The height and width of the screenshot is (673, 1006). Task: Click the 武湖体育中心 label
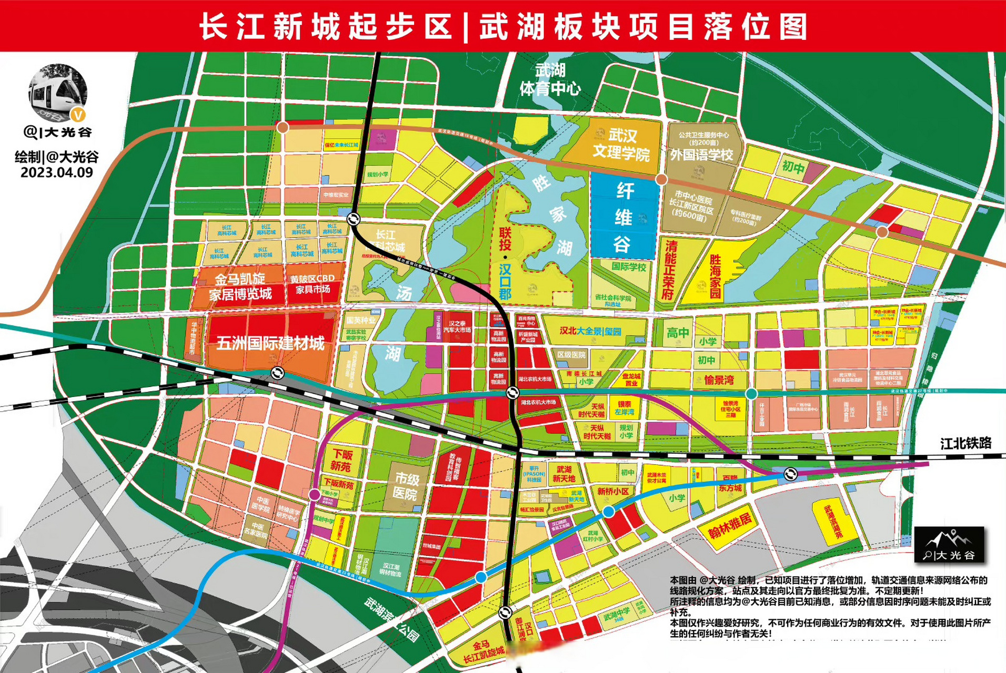(550, 79)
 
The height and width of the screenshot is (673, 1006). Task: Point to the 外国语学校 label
(701, 155)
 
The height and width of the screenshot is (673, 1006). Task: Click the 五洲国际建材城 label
(270, 343)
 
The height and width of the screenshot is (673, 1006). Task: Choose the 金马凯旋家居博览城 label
(240, 287)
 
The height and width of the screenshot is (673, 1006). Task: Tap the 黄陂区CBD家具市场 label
(312, 284)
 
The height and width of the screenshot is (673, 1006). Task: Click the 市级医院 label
(406, 486)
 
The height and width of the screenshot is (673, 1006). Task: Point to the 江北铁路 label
(965, 443)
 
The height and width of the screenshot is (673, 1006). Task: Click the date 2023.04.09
(56, 172)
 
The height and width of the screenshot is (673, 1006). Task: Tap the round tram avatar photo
(57, 93)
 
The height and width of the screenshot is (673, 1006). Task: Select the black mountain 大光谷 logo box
(949, 545)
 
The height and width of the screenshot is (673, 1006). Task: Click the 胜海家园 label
(715, 277)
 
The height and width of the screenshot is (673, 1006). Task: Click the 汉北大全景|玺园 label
(590, 331)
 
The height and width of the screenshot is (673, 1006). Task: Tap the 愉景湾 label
(719, 380)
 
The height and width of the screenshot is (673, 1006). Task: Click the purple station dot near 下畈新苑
(314, 494)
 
